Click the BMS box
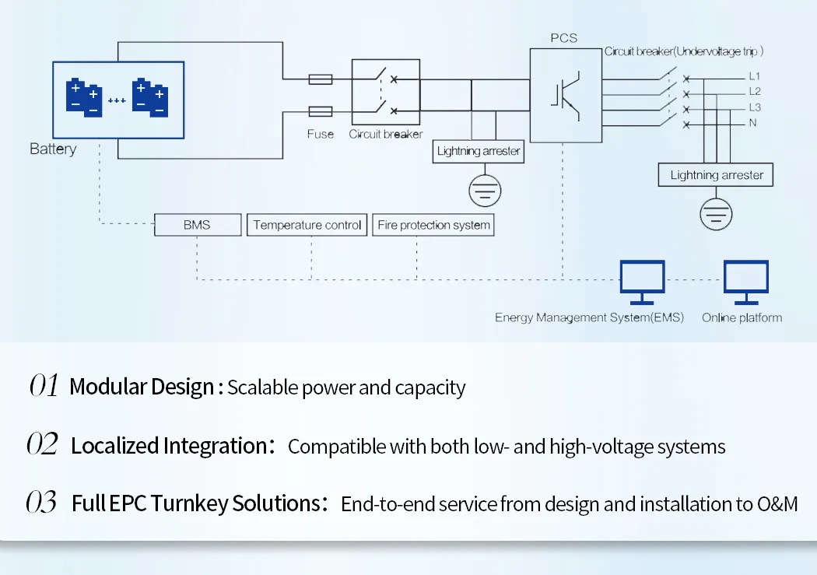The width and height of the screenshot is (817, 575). pyautogui.click(x=198, y=225)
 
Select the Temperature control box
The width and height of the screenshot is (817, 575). pyautogui.click(x=307, y=225)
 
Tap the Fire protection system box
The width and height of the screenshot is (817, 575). pyautogui.click(x=433, y=225)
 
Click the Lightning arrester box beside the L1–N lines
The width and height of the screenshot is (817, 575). pyautogui.click(x=715, y=174)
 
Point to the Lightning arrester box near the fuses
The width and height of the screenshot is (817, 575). pyautogui.click(x=479, y=151)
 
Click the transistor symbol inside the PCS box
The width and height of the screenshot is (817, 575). pyautogui.click(x=566, y=96)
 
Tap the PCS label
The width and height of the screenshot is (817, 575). pyautogui.click(x=564, y=38)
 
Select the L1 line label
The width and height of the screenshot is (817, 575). pyautogui.click(x=755, y=76)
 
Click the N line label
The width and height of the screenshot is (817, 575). pyautogui.click(x=752, y=123)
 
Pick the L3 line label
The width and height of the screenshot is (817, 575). pyautogui.click(x=755, y=107)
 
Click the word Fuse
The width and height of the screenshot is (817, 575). pyautogui.click(x=321, y=134)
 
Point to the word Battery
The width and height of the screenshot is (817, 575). pyautogui.click(x=53, y=149)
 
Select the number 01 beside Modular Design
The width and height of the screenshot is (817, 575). pyautogui.click(x=44, y=385)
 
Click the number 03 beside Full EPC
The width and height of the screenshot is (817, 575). pyautogui.click(x=41, y=502)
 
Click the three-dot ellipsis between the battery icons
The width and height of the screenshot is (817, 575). pyautogui.click(x=117, y=100)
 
